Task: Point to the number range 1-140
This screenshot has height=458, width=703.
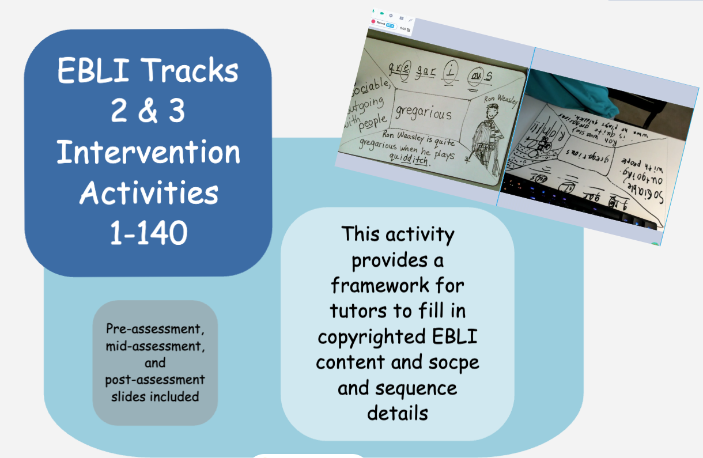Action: pyautogui.click(x=148, y=233)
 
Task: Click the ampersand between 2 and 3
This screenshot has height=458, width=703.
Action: pyautogui.click(x=148, y=111)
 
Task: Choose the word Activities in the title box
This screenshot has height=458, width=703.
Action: pyautogui.click(x=148, y=193)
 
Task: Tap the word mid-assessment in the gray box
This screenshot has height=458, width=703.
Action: pyautogui.click(x=155, y=347)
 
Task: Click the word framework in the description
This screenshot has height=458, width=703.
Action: pyautogui.click(x=397, y=285)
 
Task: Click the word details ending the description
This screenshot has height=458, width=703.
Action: pyautogui.click(x=397, y=412)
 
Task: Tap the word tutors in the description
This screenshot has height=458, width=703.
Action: pyautogui.click(x=358, y=311)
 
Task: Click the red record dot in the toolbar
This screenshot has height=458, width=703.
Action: pyautogui.click(x=373, y=21)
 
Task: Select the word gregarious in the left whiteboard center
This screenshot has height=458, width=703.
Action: pyautogui.click(x=424, y=112)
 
